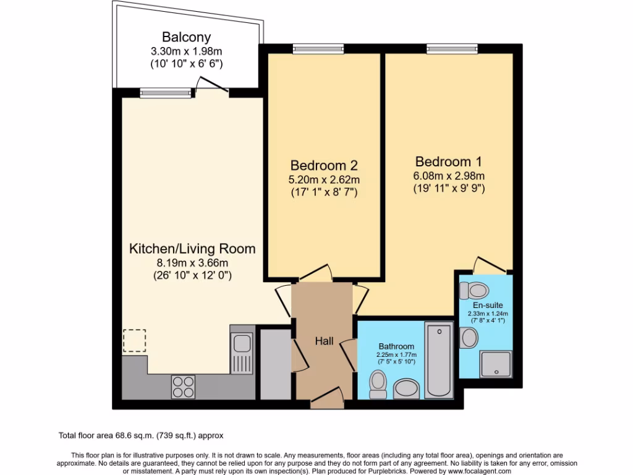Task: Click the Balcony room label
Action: [186, 36]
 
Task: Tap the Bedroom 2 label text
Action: [324, 166]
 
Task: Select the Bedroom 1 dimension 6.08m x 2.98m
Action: [449, 176]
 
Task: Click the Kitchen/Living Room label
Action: [192, 249]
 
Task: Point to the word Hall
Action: [324, 341]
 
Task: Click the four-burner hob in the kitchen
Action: [183, 387]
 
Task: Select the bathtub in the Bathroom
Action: [440, 359]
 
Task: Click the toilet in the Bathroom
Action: [377, 385]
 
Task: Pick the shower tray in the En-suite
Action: [496, 364]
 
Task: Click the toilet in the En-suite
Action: [478, 289]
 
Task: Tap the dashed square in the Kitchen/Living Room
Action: [134, 341]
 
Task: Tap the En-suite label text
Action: [488, 306]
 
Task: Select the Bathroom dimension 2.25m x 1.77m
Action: [397, 354]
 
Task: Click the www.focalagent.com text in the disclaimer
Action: [477, 471]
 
